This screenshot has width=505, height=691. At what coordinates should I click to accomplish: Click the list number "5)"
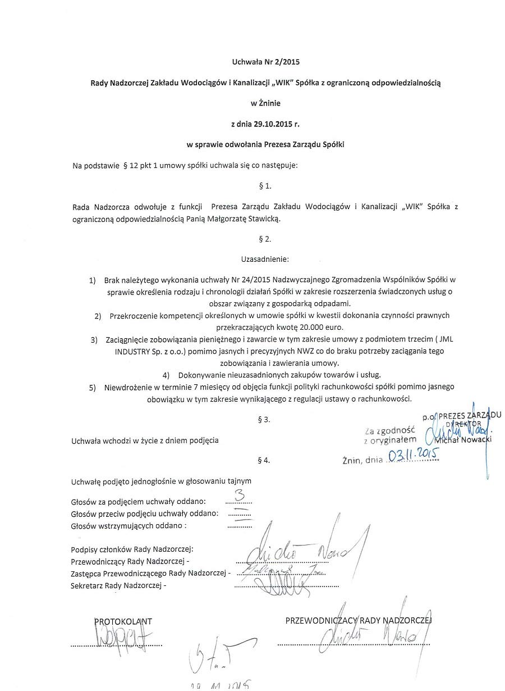[93, 387]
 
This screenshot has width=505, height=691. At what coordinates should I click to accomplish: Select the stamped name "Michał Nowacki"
[463, 439]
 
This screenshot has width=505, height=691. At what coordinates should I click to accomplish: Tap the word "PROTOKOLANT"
[123, 621]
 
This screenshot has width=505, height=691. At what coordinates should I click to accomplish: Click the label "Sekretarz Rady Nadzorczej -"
[118, 585]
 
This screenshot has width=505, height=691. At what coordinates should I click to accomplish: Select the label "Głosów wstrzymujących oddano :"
[128, 526]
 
